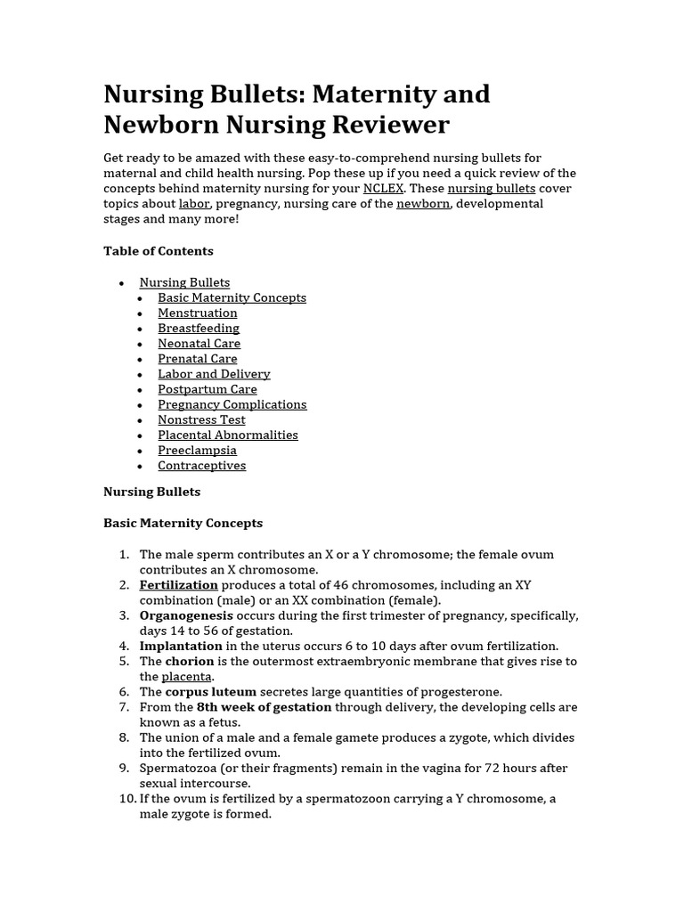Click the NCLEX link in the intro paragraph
tap(383, 189)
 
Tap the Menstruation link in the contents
tap(198, 313)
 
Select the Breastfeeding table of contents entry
tap(199, 329)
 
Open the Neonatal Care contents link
tap(199, 344)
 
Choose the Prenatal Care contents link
tap(198, 359)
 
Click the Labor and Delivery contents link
tap(214, 374)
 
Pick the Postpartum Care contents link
tap(208, 389)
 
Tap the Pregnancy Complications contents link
tap(232, 404)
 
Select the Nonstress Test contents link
tap(201, 419)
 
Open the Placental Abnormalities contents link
tap(228, 435)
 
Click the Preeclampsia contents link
tap(197, 451)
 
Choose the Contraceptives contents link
tap(201, 466)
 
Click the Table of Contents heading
tap(159, 251)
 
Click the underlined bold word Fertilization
tap(178, 585)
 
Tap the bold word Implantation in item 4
tap(181, 646)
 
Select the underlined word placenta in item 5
tap(187, 677)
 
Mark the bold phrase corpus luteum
tap(210, 692)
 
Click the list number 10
tap(127, 799)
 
